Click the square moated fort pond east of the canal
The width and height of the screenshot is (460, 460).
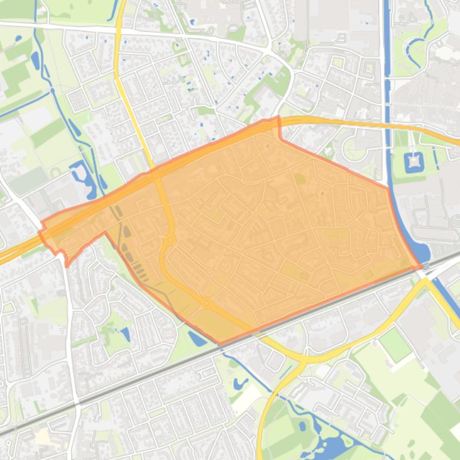click(x=413, y=161)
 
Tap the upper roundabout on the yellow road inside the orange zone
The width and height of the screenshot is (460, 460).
click(x=170, y=240)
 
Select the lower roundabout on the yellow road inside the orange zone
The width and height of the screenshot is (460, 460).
click(x=207, y=303)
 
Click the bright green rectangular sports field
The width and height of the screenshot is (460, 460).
click(x=395, y=344)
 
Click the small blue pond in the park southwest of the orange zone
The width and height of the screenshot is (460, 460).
click(x=126, y=334)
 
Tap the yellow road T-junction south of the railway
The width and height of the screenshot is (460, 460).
click(x=303, y=359)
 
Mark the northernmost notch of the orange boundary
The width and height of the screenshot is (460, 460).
click(x=278, y=118)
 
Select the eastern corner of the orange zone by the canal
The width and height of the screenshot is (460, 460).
click(x=421, y=266)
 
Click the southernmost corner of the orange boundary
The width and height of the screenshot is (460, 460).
click(x=220, y=344)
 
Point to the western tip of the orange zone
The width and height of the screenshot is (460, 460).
click(x=41, y=230)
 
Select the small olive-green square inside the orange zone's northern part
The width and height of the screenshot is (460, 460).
click(x=299, y=177)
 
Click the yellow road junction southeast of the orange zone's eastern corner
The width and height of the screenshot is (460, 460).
click(x=426, y=281)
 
